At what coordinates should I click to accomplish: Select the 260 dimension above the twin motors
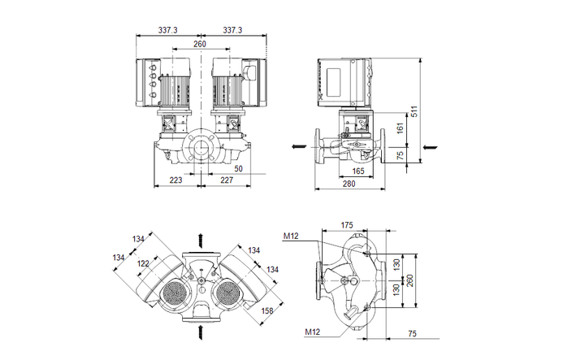(200, 45)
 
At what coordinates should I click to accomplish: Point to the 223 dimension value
(175, 180)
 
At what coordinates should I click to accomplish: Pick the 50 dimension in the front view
(238, 168)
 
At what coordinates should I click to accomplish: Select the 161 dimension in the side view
(398, 128)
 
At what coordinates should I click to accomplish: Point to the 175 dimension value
(346, 225)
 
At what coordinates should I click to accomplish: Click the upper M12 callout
(291, 236)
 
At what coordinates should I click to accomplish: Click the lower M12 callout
(314, 332)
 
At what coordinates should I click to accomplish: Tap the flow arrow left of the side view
(294, 147)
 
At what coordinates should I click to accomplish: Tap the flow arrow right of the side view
(429, 147)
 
